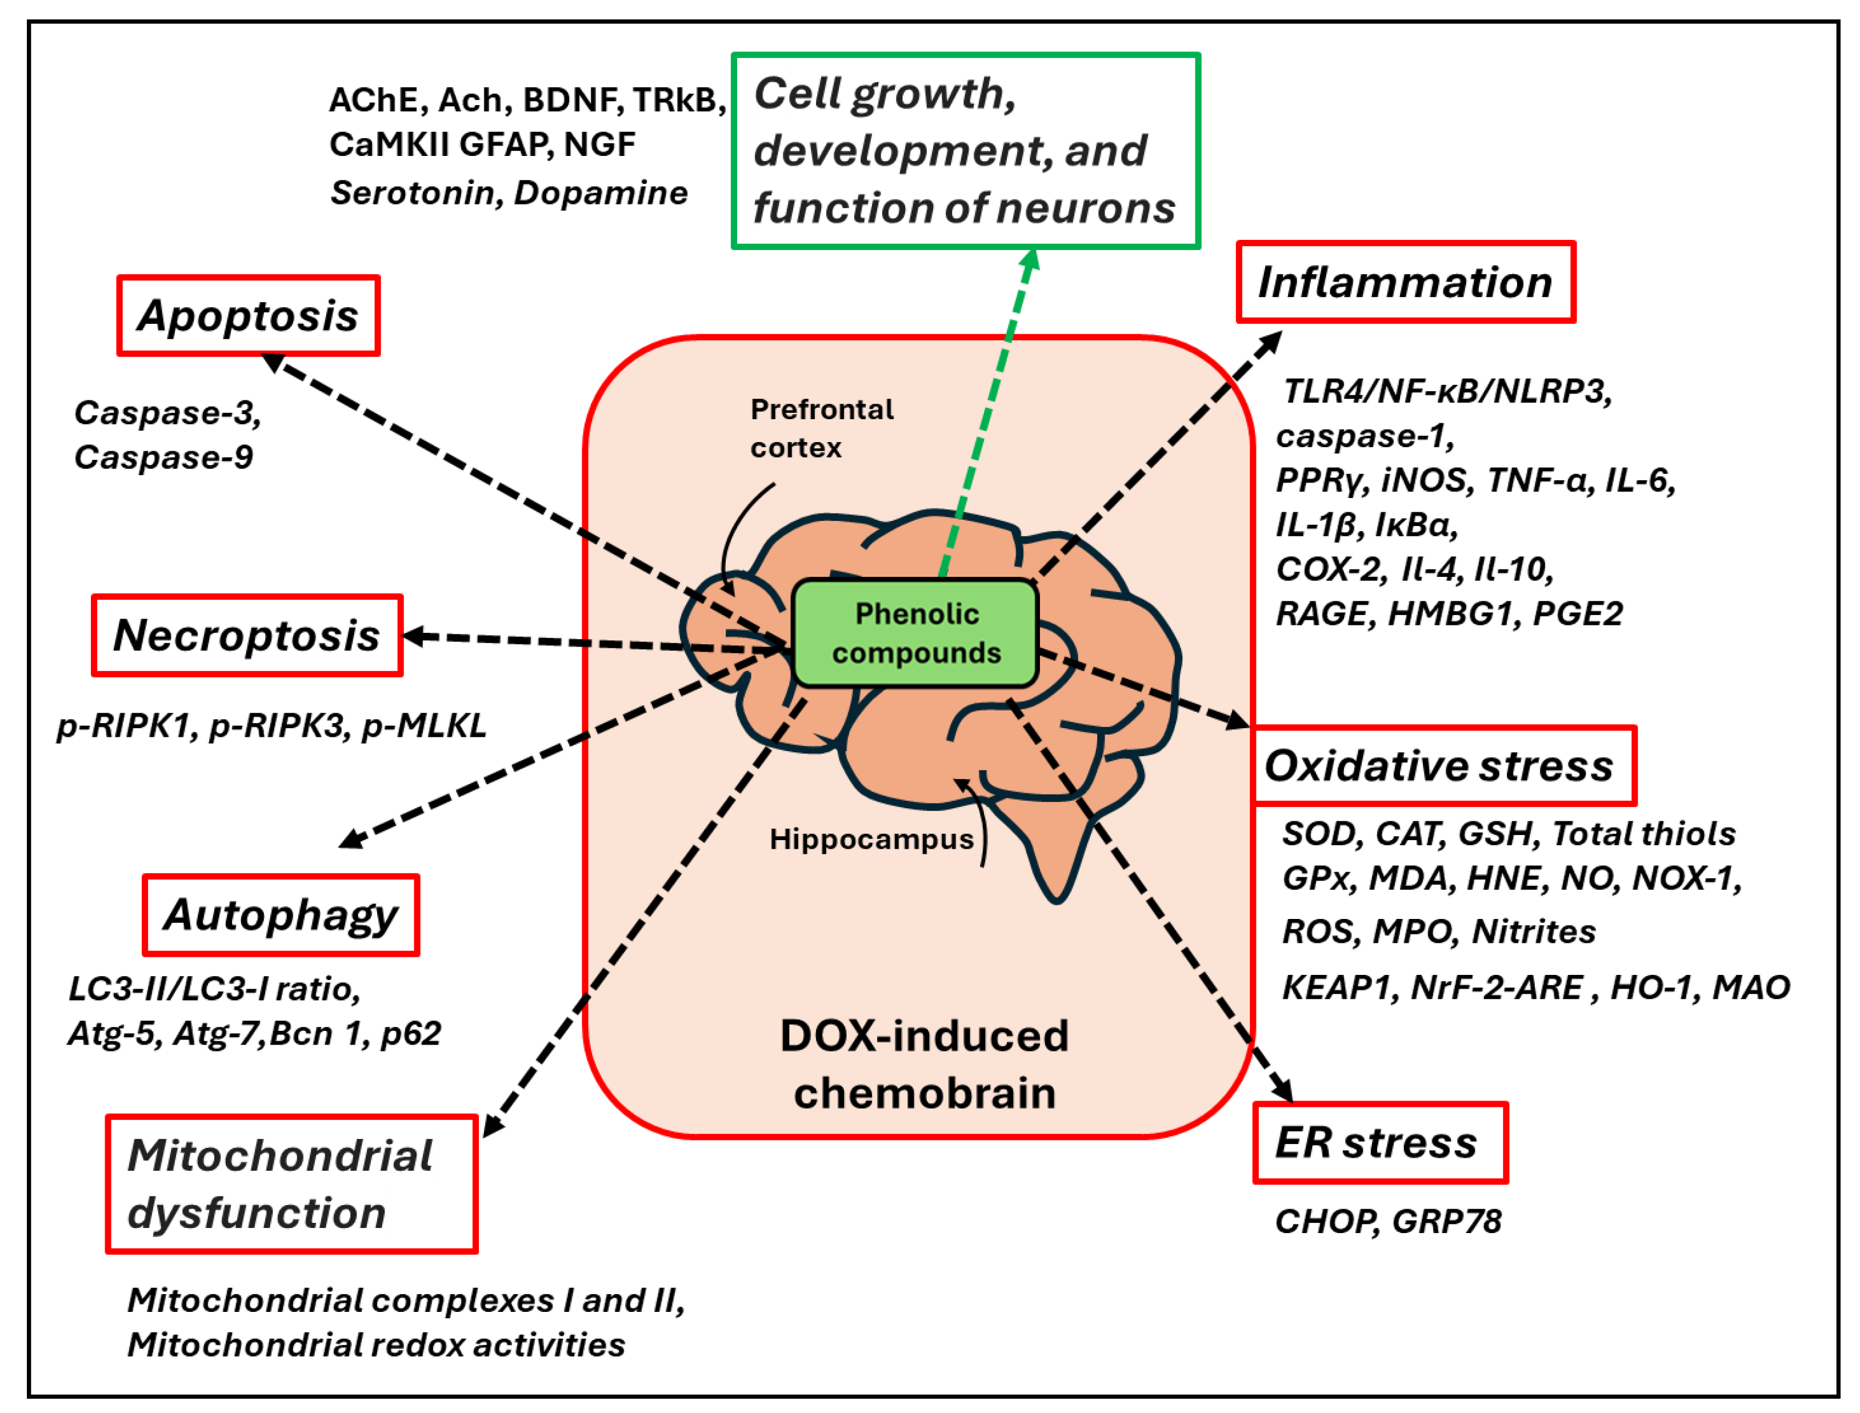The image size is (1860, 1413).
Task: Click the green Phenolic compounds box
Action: (x=915, y=632)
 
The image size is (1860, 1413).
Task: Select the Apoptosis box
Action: (x=248, y=315)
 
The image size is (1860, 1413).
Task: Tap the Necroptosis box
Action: (x=246, y=635)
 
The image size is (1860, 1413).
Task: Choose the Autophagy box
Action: (x=280, y=914)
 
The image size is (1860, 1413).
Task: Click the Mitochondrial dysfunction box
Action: (x=291, y=1184)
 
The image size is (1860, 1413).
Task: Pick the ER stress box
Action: (x=1379, y=1142)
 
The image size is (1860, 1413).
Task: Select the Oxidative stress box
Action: (x=1443, y=765)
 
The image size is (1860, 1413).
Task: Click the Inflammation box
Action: (x=1405, y=282)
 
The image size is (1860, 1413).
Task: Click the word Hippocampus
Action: (x=871, y=838)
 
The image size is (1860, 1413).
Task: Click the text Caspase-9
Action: (x=163, y=457)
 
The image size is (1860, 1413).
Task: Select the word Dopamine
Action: (x=601, y=192)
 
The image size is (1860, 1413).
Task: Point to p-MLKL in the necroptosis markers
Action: (x=424, y=725)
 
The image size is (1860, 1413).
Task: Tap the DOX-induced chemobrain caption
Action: (x=923, y=1064)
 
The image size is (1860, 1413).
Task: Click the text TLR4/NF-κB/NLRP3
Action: (x=1447, y=391)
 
